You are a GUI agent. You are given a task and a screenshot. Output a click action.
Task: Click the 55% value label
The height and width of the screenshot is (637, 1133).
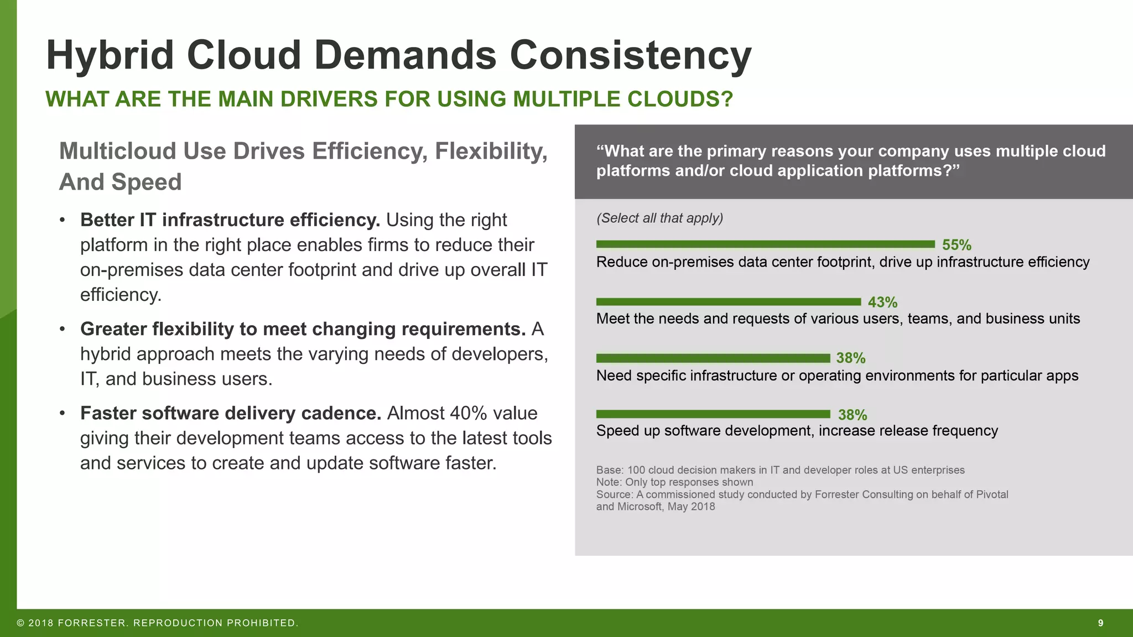957,245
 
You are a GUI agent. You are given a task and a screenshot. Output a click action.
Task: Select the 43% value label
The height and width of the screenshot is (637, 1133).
882,302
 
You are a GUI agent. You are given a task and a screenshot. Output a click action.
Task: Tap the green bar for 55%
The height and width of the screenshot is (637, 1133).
765,244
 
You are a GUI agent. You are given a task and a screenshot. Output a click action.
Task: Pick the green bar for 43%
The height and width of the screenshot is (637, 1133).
728,302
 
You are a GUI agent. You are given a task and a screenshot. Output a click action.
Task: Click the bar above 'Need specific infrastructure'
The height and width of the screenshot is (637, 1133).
713,358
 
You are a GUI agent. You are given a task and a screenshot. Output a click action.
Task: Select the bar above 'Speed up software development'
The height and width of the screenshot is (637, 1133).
713,414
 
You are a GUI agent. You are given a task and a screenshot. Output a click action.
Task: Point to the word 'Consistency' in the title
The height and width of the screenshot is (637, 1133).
630,55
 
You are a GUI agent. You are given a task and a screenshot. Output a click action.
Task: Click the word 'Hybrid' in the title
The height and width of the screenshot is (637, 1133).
110,55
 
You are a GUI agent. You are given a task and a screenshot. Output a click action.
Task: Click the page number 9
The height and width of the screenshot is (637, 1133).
1100,623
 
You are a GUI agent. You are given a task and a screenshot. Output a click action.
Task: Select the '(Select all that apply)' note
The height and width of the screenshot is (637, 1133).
659,218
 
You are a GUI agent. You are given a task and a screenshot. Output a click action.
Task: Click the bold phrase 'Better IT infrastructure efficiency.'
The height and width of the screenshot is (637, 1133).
230,220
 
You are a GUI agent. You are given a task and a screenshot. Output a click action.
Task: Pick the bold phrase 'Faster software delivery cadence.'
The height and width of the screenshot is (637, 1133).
231,413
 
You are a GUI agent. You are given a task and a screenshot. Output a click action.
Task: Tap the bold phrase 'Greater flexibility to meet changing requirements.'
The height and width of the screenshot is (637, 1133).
303,329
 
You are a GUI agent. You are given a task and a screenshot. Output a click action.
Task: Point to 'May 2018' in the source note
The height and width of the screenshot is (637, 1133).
691,507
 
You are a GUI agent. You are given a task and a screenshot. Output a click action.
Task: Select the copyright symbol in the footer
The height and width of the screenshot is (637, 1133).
20,623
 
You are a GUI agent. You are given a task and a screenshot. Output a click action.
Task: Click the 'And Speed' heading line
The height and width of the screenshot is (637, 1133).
120,182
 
